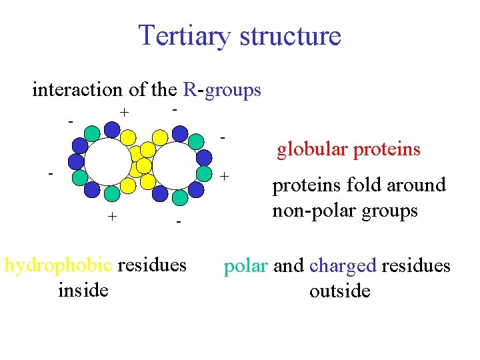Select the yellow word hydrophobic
(59, 265)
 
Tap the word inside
(83, 291)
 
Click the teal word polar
(245, 266)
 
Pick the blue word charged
(343, 266)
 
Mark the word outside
(339, 291)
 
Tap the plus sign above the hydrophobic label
(113, 216)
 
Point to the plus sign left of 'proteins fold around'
(225, 177)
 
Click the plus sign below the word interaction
(123, 112)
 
